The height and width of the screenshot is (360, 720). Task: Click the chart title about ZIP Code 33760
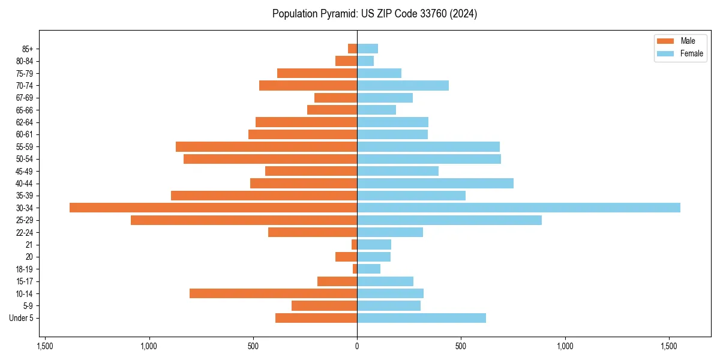[374, 14]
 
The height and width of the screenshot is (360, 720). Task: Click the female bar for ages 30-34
[518, 208]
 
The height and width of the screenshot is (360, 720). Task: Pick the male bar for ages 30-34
[213, 208]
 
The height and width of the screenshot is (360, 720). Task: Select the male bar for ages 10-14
[273, 293]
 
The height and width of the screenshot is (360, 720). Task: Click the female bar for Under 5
[421, 318]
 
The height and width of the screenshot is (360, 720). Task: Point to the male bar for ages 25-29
[244, 220]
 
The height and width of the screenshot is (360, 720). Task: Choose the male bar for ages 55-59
[266, 146]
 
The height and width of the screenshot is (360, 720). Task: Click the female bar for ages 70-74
[403, 85]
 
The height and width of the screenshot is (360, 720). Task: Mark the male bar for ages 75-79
[317, 73]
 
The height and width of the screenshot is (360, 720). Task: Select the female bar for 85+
[367, 49]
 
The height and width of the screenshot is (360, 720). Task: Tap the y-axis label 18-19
[25, 269]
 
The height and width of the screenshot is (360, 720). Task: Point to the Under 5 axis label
[21, 318]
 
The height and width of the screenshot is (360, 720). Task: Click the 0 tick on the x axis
[357, 346]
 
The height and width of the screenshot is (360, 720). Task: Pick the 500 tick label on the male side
[253, 346]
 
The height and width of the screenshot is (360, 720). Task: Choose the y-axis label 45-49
[25, 171]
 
